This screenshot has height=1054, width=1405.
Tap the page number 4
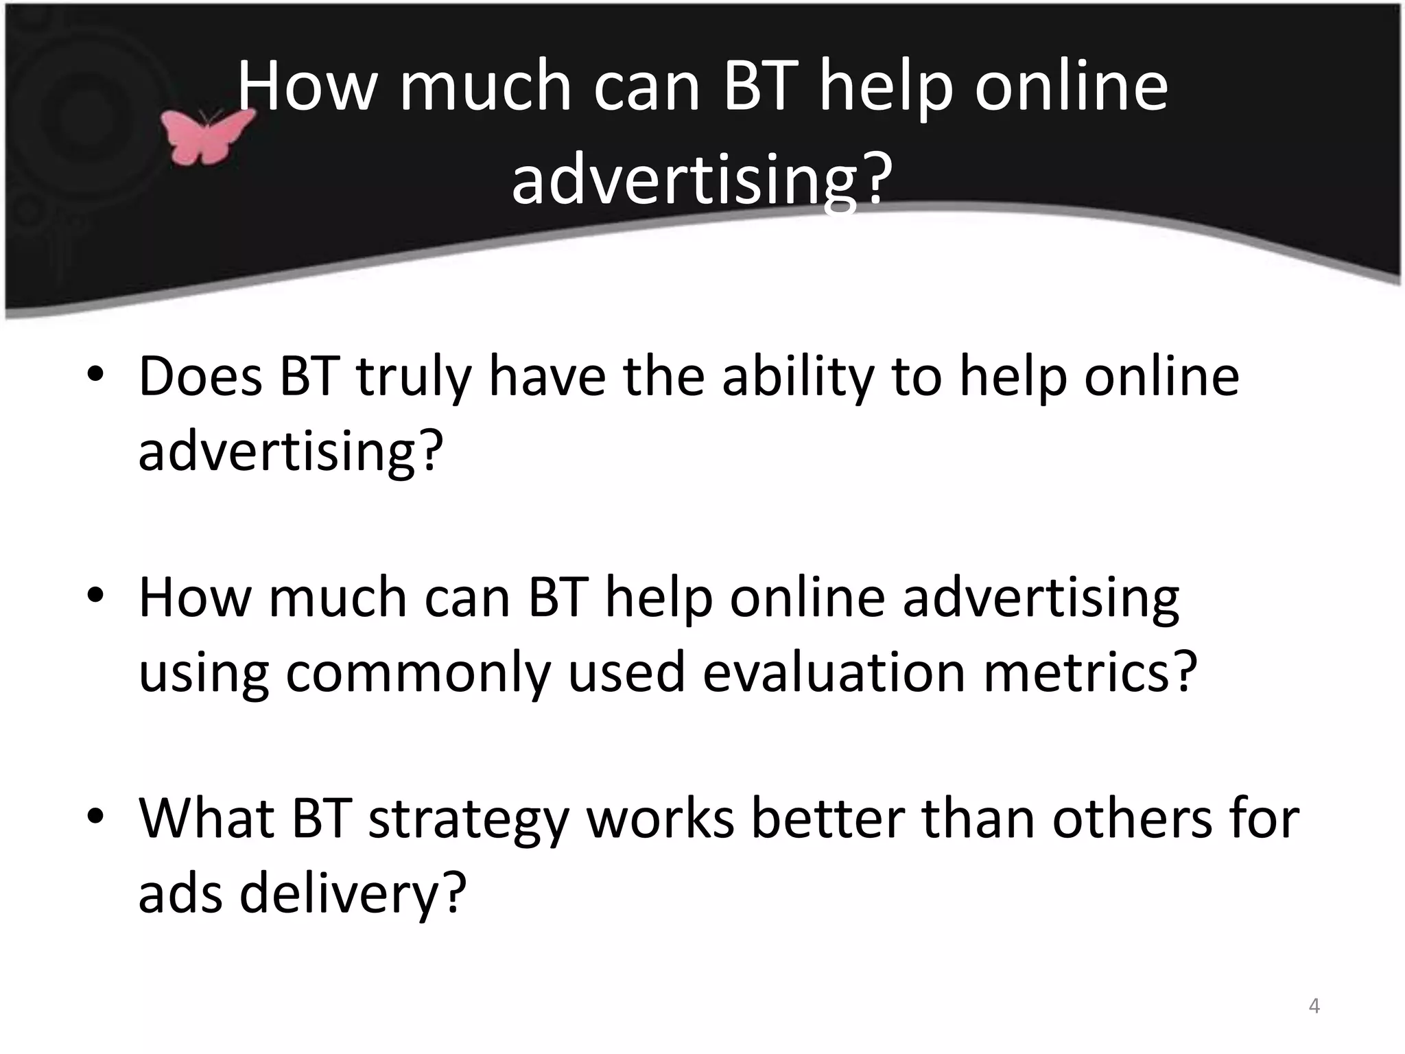pos(1314,1006)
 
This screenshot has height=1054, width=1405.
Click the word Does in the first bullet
pos(200,377)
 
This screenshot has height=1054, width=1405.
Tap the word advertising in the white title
pos(702,180)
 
